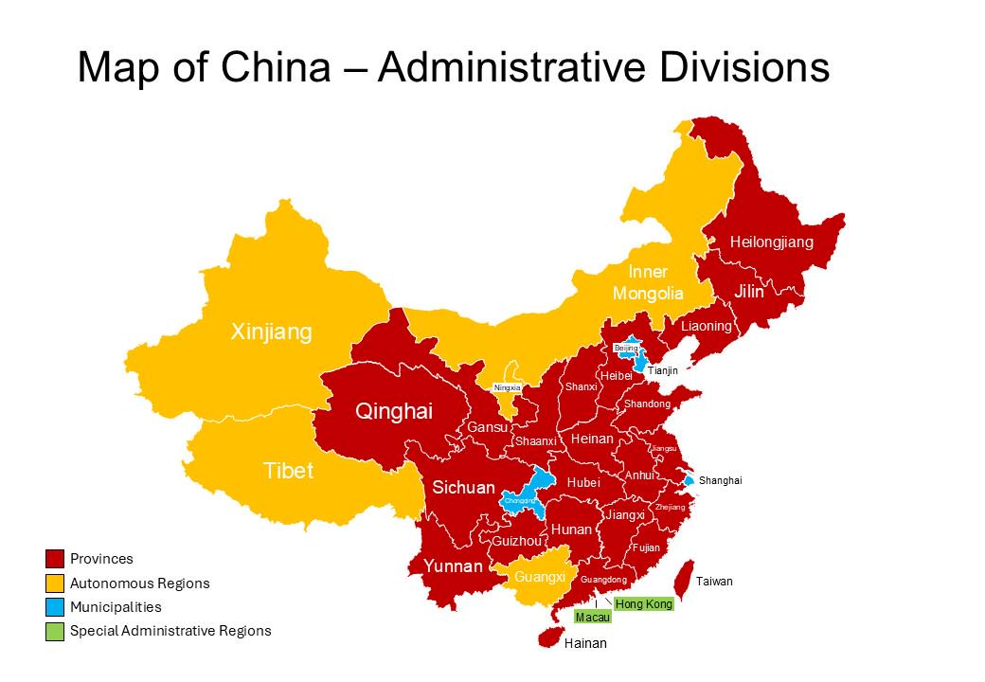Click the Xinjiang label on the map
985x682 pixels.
click(272, 332)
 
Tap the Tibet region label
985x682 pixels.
click(288, 471)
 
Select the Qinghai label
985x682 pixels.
click(393, 411)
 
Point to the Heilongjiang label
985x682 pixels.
click(771, 242)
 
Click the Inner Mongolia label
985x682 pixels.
click(648, 282)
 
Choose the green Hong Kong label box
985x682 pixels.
click(644, 603)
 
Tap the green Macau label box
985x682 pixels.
click(593, 618)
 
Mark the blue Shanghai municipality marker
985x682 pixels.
click(689, 481)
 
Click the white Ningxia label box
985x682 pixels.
click(508, 387)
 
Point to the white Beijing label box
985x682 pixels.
click(626, 349)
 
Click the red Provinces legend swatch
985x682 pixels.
click(55, 559)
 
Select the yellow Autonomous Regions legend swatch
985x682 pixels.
click(55, 583)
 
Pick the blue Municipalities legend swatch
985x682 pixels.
click(55, 607)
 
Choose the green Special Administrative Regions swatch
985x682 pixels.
click(55, 631)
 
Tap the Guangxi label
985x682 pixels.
click(540, 577)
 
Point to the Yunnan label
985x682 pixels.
click(452, 566)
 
